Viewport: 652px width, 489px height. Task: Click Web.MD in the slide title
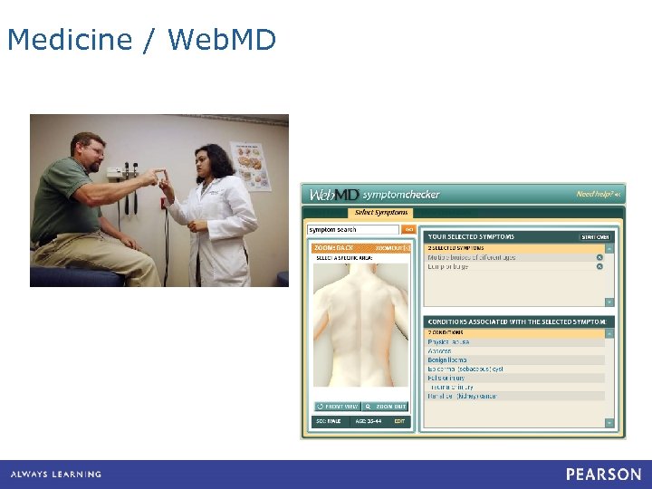click(x=222, y=41)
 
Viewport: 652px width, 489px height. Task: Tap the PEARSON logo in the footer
click(x=603, y=474)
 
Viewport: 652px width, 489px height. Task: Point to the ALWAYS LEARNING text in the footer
click(x=56, y=475)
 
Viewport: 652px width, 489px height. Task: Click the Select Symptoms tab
click(x=380, y=213)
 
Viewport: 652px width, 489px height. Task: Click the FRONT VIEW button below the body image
click(x=338, y=407)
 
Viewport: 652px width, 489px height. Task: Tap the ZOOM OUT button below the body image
click(x=387, y=407)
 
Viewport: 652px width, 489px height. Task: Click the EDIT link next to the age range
click(x=399, y=422)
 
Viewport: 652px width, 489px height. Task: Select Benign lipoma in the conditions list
click(x=448, y=360)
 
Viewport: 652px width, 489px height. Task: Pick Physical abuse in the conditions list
click(x=449, y=342)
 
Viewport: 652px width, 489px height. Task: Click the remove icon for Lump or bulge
click(x=599, y=266)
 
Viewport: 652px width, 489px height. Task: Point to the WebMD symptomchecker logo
click(x=374, y=195)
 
